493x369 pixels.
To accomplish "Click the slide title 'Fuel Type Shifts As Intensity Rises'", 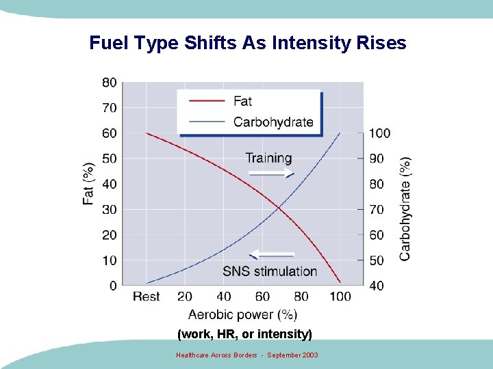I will point(247,43).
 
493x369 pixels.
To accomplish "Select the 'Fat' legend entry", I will point(242,101).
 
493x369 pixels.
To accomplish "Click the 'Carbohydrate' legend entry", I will point(273,122).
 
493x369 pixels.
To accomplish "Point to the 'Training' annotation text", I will point(268,158).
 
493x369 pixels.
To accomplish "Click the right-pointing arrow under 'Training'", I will point(271,174).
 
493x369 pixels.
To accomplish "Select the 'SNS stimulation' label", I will point(270,271).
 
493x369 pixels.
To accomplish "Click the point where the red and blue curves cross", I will point(278,208).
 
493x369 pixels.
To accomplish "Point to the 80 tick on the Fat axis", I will point(110,83).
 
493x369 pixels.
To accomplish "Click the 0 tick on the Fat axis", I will point(113,286).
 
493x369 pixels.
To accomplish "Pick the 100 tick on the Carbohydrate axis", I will point(379,133).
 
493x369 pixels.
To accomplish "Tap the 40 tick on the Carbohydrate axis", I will point(377,286).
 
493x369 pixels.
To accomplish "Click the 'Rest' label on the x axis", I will point(146,297).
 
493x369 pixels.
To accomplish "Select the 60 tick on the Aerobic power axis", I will point(262,297).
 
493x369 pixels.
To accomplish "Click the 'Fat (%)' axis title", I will point(89,184).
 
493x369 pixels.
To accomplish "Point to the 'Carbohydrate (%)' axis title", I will point(405,208).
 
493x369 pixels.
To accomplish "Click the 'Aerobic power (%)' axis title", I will point(242,314).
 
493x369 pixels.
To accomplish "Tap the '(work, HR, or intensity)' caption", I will point(244,334).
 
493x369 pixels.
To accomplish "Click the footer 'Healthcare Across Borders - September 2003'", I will point(246,355).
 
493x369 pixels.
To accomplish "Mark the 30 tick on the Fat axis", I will point(110,210).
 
